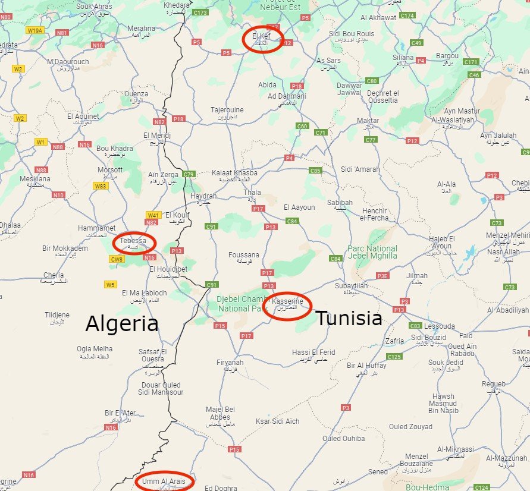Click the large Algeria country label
coord(122,325)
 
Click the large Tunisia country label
coord(349,319)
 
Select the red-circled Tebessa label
coord(133,242)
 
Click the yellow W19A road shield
coord(36,30)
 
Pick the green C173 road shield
coord(200,12)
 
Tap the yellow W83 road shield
coord(101,186)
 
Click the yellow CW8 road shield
coord(117,259)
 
